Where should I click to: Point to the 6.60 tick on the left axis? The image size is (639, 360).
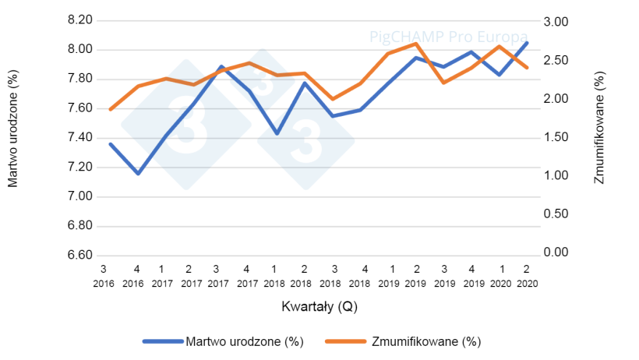tap(81, 256)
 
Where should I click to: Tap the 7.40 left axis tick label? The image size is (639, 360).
tap(81, 138)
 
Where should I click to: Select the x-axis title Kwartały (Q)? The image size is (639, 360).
tap(319, 306)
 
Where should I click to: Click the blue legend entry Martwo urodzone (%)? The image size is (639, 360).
tap(222, 341)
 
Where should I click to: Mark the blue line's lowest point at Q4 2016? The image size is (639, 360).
tap(138, 174)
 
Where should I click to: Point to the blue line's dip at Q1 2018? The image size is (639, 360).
tap(277, 134)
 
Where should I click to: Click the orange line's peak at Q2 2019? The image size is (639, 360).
tap(416, 43)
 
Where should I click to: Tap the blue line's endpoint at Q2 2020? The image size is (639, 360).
tap(528, 43)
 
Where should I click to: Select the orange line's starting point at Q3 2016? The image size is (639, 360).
tap(110, 110)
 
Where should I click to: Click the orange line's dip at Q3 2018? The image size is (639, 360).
tap(333, 100)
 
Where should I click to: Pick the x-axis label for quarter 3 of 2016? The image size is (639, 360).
tap(103, 274)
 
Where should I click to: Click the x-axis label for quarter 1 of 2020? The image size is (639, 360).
tap(500, 274)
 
